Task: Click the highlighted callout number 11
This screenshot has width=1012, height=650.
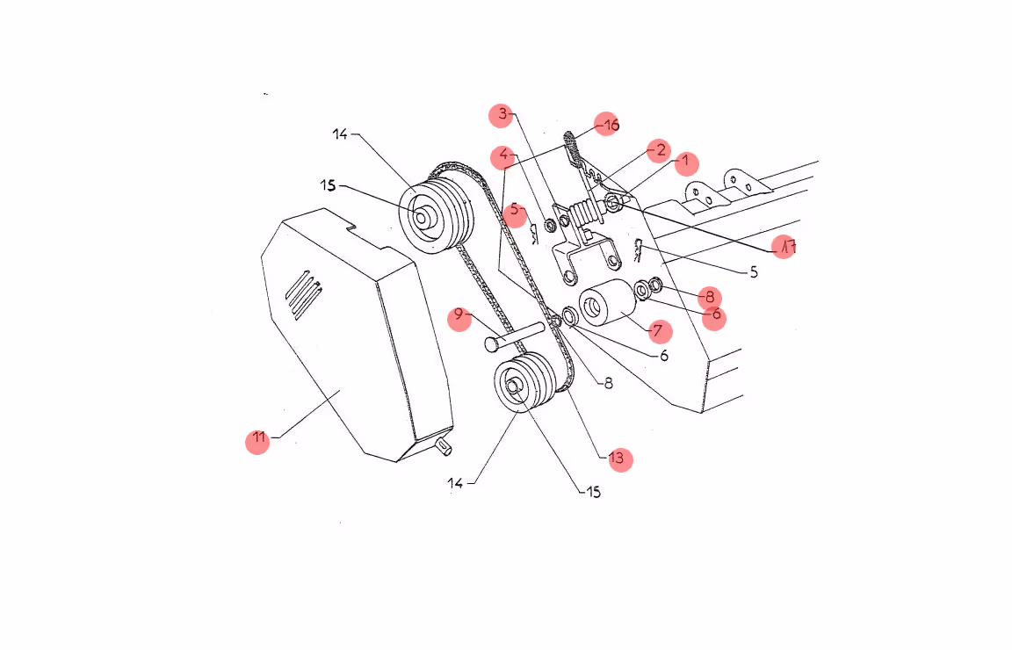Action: tap(257, 442)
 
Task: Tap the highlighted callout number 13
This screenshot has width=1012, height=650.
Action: tap(620, 459)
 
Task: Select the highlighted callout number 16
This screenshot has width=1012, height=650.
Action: tap(607, 124)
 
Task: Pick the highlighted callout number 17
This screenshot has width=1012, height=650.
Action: tap(784, 247)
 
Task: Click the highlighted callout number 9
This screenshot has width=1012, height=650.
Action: tap(459, 319)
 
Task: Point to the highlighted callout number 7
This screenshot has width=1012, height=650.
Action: tap(660, 332)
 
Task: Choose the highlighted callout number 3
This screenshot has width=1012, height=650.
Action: tap(502, 116)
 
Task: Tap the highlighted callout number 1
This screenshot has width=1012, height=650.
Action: tap(687, 162)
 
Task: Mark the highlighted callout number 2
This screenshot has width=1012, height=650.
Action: tap(659, 151)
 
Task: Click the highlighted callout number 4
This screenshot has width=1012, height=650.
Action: tap(502, 157)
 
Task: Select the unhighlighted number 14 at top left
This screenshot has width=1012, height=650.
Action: tap(339, 134)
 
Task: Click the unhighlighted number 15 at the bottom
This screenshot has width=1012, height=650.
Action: tap(593, 492)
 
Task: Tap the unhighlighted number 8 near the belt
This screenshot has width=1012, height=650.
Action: tap(608, 384)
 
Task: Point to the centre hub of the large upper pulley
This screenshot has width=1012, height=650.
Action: tap(421, 218)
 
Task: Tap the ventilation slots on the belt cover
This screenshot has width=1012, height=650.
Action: tap(303, 294)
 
